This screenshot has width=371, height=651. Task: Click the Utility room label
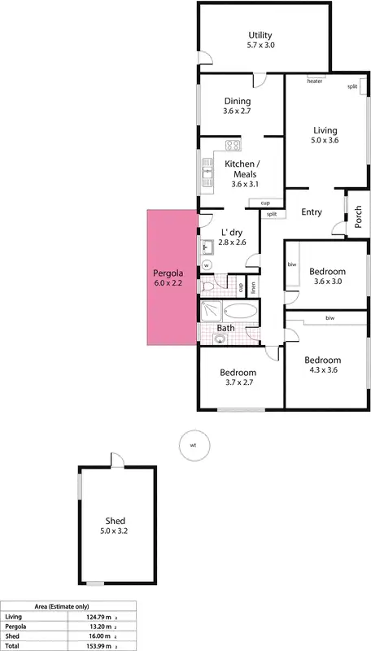(261, 35)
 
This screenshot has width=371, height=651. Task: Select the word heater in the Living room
(315, 81)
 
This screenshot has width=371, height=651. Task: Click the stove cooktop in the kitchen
(233, 146)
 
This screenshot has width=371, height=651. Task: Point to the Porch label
(357, 215)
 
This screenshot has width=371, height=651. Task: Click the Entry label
(312, 212)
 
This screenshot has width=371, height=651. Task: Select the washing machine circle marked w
(206, 265)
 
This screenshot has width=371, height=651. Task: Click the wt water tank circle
(193, 445)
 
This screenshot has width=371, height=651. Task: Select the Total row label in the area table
(13, 645)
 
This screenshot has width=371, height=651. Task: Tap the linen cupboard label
(253, 286)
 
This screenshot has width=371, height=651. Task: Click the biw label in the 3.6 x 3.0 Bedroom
(292, 264)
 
